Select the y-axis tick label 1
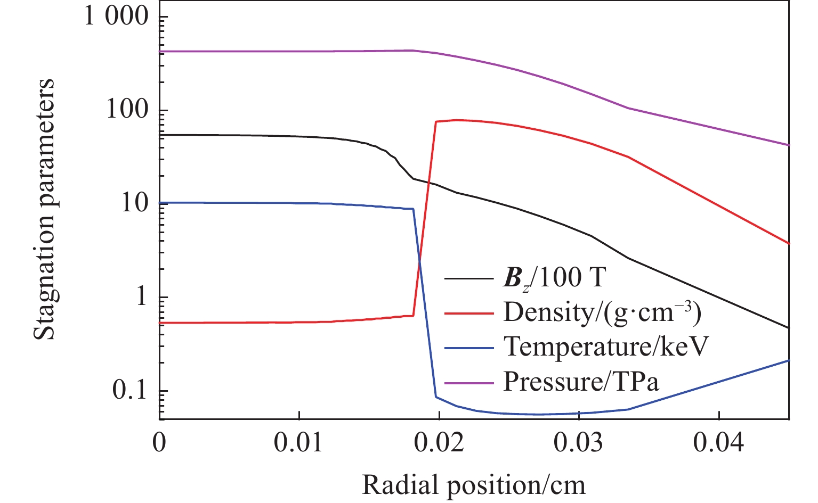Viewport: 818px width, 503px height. coord(141,296)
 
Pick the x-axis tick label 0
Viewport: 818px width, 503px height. coord(159,443)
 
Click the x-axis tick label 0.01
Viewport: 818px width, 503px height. coord(299,443)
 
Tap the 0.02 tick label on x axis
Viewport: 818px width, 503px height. coord(439,443)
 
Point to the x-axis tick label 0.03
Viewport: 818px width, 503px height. coord(578,443)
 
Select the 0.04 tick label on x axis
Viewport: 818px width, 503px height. coord(718,443)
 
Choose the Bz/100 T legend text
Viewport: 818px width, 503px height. coord(555,278)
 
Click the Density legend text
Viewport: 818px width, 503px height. coord(602,312)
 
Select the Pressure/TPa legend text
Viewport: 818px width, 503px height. coord(581,382)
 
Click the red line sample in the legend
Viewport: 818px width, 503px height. coord(469,314)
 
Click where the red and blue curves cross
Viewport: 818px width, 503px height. coord(419,260)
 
